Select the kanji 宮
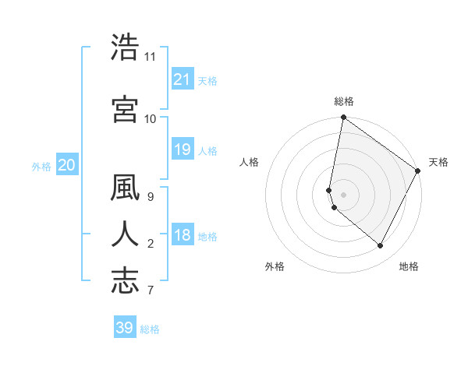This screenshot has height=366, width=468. click(125, 109)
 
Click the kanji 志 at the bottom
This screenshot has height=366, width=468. click(125, 280)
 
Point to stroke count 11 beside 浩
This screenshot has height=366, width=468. click(150, 57)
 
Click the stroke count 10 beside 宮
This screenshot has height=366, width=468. click(150, 118)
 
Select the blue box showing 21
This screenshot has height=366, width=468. click(183, 79)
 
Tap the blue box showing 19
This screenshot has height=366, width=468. click(183, 150)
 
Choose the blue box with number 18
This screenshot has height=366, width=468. click(183, 235)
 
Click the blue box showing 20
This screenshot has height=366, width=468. click(67, 165)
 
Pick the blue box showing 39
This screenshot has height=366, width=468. click(125, 328)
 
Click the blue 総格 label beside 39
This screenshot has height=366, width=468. click(150, 329)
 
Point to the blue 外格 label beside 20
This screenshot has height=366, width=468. click(41, 167)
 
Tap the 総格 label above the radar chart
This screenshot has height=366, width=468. click(344, 101)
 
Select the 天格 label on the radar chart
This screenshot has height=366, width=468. click(438, 162)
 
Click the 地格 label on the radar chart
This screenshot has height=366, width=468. click(409, 266)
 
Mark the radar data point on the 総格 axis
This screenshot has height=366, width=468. click(343, 118)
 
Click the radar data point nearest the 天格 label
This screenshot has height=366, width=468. click(419, 171)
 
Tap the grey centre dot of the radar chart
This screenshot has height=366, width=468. click(344, 193)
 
